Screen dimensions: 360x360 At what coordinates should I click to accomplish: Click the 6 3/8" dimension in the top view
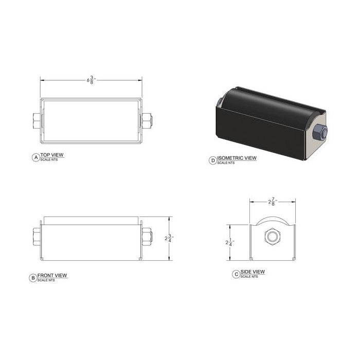pyautogui.click(x=92, y=80)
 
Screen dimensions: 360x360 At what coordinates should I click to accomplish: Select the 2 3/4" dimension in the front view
pyautogui.click(x=168, y=238)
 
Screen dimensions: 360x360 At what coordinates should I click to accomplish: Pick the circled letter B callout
pyautogui.click(x=33, y=278)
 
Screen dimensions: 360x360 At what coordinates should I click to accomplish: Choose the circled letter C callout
pyautogui.click(x=236, y=274)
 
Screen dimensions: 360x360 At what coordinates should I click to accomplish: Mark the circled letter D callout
pyautogui.click(x=213, y=160)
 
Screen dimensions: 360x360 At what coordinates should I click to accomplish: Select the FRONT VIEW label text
pyautogui.click(x=55, y=275)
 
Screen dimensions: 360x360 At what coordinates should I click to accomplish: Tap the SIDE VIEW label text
pyautogui.click(x=253, y=272)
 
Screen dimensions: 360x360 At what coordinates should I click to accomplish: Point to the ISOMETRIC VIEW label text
pyautogui.click(x=237, y=158)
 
